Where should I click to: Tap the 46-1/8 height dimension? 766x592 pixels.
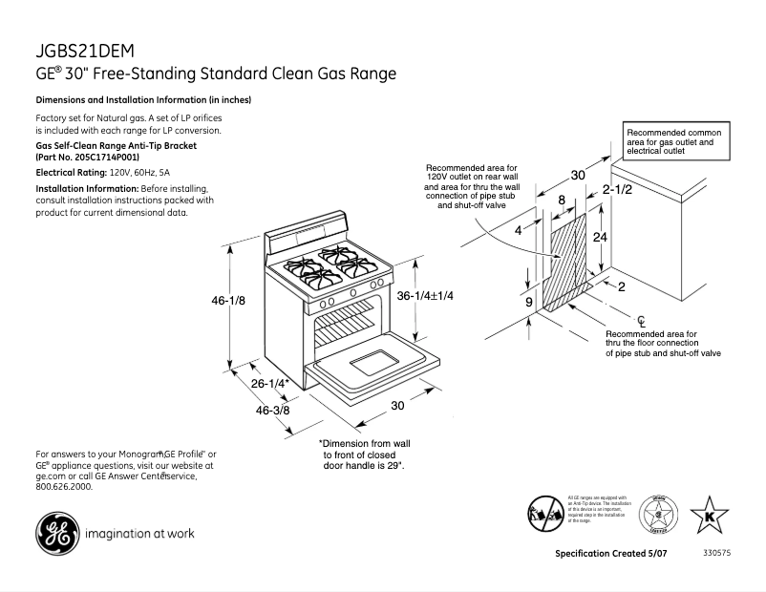point(228,300)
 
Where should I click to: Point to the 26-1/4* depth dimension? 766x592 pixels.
point(270,384)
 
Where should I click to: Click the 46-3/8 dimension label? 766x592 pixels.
point(274,411)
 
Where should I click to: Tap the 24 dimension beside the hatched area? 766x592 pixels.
point(600,237)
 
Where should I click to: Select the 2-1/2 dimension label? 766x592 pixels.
point(615,190)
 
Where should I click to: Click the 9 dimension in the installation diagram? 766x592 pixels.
point(528,303)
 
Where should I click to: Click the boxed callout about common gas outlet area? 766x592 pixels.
point(677,139)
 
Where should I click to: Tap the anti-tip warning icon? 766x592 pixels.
point(544,514)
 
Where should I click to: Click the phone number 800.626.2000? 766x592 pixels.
point(64,486)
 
